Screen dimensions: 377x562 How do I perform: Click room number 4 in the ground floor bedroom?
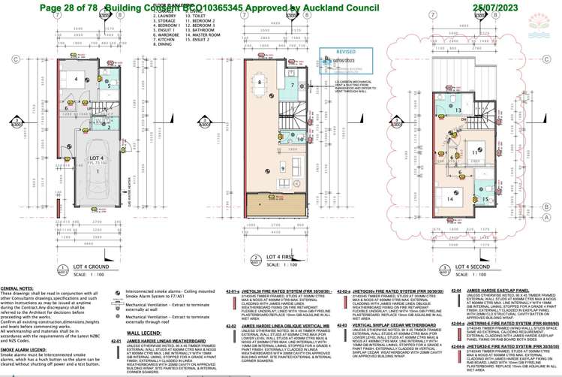[x=75, y=79]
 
